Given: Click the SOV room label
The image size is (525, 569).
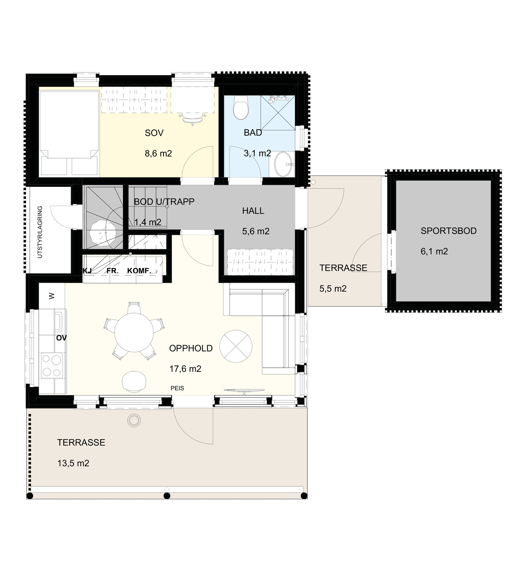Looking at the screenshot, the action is click(154, 133).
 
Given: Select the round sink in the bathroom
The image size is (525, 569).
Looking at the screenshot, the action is click(283, 164).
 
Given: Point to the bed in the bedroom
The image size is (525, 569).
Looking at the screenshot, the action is click(69, 133).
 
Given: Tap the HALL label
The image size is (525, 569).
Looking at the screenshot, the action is click(253, 211).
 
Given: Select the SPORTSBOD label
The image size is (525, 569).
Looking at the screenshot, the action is click(448, 231).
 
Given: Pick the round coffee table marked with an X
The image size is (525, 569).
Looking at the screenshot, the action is click(236, 346).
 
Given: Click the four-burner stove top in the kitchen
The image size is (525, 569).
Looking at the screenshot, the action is click(52, 365).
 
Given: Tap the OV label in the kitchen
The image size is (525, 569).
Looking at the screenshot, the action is click(61, 338).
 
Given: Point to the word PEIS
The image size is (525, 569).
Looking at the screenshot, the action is click(177, 388).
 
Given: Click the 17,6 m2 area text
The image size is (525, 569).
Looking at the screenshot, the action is click(185, 369).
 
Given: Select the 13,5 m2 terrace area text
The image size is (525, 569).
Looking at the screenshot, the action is click(73, 463).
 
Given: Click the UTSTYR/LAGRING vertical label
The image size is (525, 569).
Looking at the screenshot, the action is click(40, 232).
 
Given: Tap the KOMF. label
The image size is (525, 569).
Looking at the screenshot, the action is click(139, 271).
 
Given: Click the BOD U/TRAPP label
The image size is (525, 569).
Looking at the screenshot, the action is click(164, 202).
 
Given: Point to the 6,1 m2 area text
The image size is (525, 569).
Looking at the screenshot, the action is click(434, 251).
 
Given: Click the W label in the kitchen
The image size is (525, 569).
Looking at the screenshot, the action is click(52, 296).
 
